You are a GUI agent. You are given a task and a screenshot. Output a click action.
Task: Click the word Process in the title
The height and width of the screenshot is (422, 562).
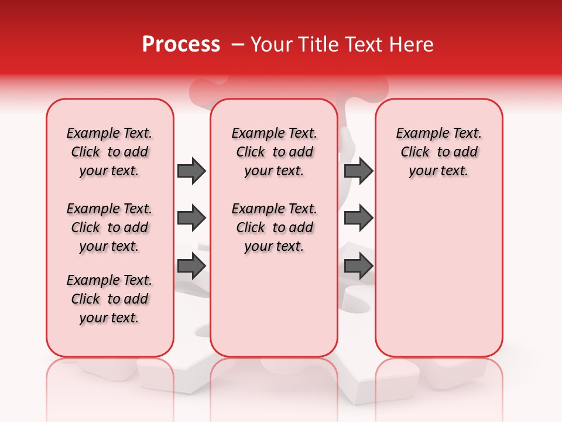181,45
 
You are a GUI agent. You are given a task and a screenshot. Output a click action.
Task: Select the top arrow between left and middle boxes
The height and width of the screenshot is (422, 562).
191,171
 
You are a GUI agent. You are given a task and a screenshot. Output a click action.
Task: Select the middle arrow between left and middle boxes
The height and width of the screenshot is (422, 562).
191,219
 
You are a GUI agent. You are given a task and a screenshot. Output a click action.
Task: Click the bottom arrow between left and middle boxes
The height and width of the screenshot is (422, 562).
191,266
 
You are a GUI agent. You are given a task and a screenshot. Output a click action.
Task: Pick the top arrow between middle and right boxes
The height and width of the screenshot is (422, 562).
358,171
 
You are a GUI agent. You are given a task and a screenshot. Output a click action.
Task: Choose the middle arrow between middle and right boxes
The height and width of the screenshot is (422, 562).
358,219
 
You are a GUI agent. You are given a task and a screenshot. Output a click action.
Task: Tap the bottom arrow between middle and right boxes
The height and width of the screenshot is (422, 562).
358,266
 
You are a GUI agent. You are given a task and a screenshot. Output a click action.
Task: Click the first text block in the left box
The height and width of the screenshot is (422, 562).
109,152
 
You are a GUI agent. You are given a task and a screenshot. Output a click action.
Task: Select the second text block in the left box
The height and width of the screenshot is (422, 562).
109,227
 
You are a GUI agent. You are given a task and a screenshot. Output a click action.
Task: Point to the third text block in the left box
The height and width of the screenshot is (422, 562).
109,299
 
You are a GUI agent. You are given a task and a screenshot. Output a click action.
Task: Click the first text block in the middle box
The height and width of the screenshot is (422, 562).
274,152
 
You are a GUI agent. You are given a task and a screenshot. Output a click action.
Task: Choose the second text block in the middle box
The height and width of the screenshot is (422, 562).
274,227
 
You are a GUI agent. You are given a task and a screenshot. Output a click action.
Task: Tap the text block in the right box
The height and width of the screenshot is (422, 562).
439,152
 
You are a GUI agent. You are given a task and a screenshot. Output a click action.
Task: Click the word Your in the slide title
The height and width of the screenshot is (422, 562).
271,45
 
